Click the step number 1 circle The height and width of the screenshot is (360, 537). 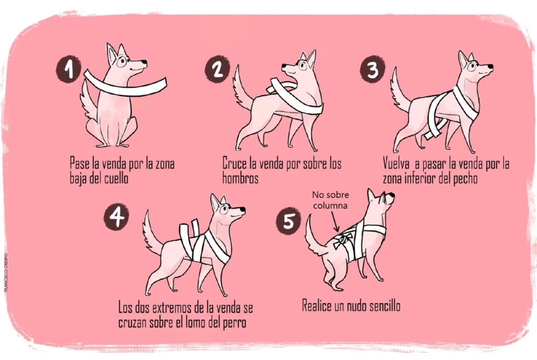click(x=69, y=70)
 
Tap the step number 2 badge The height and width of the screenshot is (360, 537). click(x=217, y=69)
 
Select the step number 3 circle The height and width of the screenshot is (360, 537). click(x=372, y=69)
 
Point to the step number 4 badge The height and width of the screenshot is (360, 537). click(x=116, y=216)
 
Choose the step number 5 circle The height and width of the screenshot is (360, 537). click(x=288, y=221)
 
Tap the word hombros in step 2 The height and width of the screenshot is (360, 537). click(x=240, y=178)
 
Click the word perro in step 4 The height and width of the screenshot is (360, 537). click(x=234, y=323)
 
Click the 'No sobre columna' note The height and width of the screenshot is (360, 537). click(x=330, y=200)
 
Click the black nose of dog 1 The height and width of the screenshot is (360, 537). click(x=145, y=62)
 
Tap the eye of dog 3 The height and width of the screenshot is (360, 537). click(x=471, y=66)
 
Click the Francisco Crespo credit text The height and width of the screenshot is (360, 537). click(x=5, y=272)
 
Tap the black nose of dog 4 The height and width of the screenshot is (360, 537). click(x=242, y=209)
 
